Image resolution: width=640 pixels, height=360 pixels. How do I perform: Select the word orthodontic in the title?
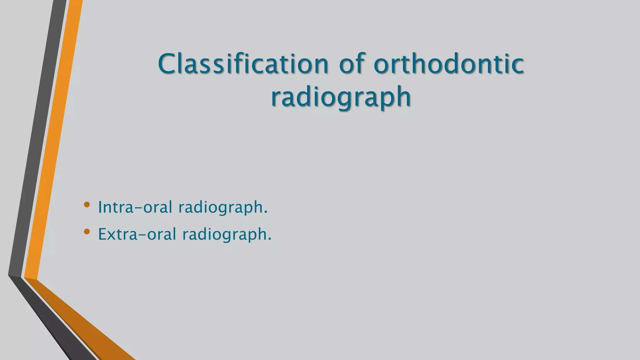449,64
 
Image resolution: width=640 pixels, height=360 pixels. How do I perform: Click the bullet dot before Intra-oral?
87,205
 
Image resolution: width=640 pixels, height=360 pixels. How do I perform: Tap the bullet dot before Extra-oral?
87,232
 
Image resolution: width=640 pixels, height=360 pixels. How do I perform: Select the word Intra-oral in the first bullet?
135,207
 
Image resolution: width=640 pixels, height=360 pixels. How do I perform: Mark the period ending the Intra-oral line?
266,212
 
